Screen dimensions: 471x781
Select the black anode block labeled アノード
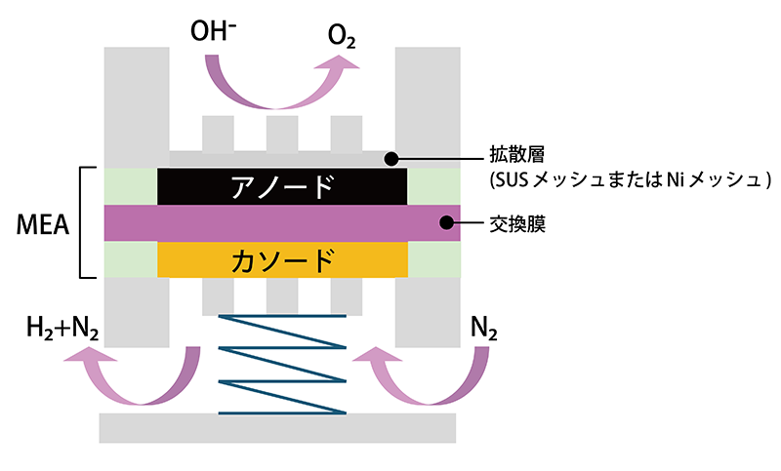click(282, 186)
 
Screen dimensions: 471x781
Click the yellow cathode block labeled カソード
click(282, 259)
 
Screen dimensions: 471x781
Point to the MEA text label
click(42, 225)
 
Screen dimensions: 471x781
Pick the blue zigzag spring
click(282, 364)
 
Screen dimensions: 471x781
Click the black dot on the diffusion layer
click(390, 157)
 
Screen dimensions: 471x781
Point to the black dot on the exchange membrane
click(447, 223)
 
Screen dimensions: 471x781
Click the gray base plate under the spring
click(277, 426)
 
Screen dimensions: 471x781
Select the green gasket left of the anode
click(131, 186)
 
